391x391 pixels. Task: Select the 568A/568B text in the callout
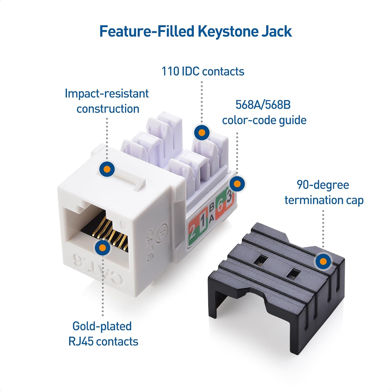coord(263,105)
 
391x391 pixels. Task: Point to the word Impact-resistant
coord(107,94)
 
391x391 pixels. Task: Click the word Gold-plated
coord(102,326)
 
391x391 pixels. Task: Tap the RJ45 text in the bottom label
coord(81,341)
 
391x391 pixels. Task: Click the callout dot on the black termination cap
coord(323,261)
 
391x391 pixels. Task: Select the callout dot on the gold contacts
coord(102,247)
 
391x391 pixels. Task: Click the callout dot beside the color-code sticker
coord(237,184)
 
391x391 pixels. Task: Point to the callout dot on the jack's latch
coord(107,169)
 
